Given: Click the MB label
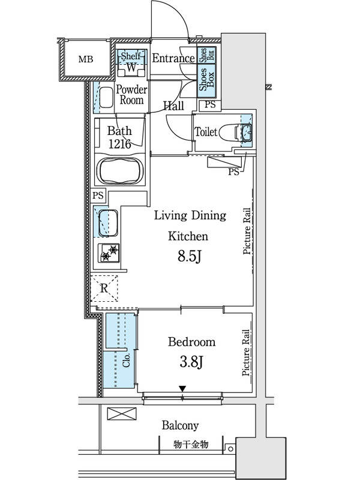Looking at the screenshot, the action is tap(86, 59).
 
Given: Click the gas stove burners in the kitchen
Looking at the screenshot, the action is tap(109, 253).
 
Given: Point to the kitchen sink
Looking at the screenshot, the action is tap(108, 223).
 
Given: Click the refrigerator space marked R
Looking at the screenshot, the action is tap(104, 288).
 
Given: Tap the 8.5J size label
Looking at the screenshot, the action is tap(190, 257).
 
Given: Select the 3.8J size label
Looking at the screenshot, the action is tap(191, 362).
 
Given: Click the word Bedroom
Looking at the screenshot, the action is tap(191, 341).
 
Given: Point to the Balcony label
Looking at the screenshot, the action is tap(181, 425).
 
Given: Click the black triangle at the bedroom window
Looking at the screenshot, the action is tap(182, 389).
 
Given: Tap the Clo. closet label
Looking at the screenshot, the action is tap(127, 360).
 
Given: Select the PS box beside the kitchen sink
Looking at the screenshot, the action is tap(98, 196).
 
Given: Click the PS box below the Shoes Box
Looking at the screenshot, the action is tap(210, 104).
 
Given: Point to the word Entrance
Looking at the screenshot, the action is tap(173, 58).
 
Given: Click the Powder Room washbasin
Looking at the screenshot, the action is tap(106, 98).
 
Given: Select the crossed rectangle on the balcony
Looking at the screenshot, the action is tap(122, 413).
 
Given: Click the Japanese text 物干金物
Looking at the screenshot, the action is tap(191, 444).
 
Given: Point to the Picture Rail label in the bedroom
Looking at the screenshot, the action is tap(246, 353).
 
